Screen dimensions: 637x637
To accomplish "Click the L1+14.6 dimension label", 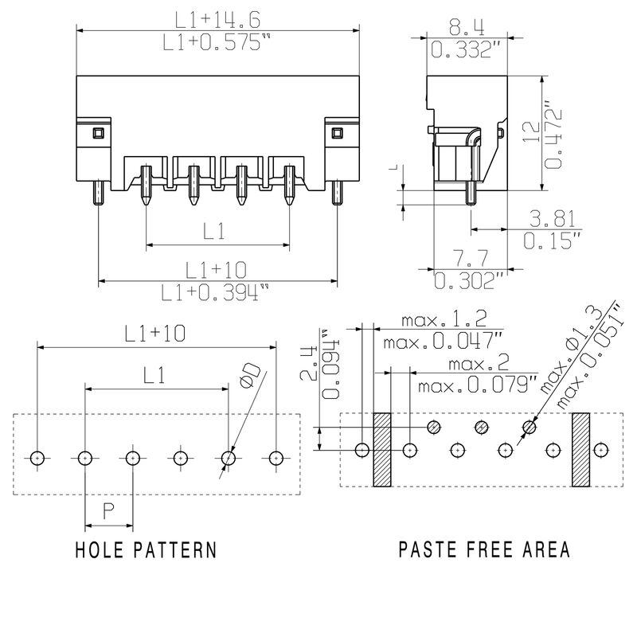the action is tap(217, 20).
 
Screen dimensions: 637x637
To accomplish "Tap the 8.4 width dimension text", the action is tap(467, 28).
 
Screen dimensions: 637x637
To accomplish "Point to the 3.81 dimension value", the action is tap(553, 219).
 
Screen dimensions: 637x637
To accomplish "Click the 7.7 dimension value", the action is tap(470, 258).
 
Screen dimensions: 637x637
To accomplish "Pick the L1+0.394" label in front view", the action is tap(215, 292).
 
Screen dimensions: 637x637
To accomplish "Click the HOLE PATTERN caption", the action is tap(147, 549).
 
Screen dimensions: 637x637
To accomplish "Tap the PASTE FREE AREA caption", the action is tap(484, 549).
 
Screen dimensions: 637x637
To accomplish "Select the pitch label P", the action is tap(108, 511).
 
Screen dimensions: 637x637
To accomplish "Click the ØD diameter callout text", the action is tap(250, 375).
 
